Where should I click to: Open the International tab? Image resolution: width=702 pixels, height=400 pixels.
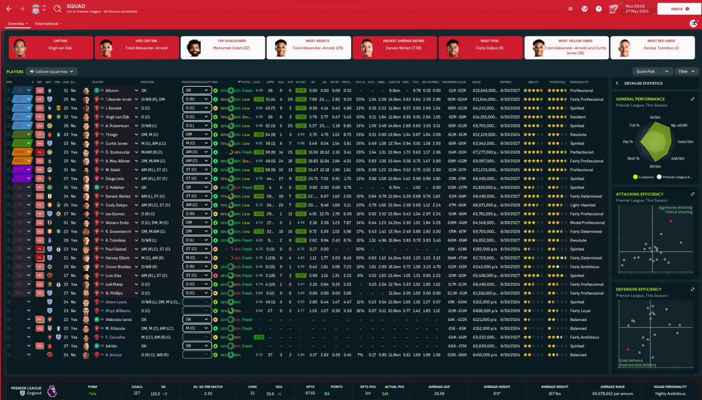(x=46, y=24)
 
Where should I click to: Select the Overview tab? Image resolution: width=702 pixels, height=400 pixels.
(x=16, y=24)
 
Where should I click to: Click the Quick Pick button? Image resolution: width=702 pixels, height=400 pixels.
(x=646, y=71)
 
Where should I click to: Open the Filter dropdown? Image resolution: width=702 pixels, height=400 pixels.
(x=687, y=71)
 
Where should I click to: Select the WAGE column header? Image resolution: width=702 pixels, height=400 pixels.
(x=476, y=82)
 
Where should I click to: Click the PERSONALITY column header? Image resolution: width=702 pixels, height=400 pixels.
(x=579, y=82)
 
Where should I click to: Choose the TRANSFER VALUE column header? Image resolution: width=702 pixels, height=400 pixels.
(x=454, y=82)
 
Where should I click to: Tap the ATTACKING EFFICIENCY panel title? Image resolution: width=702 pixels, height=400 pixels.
(x=639, y=194)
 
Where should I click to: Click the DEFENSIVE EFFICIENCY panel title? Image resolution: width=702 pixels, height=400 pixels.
(x=638, y=289)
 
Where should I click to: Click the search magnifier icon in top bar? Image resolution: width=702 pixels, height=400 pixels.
(x=58, y=9)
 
